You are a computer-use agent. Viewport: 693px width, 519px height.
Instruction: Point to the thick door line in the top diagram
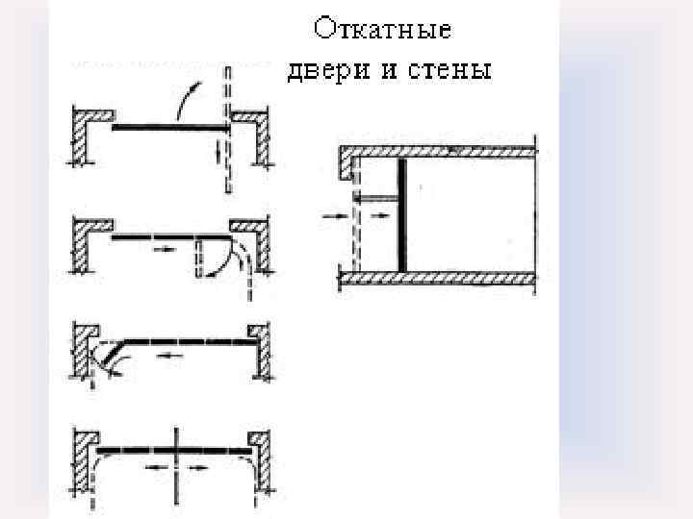pyautogui.click(x=168, y=127)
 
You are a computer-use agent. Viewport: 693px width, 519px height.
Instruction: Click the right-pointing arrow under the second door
pyautogui.click(x=163, y=248)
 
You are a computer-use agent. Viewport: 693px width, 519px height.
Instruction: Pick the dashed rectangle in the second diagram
pyautogui.click(x=203, y=258)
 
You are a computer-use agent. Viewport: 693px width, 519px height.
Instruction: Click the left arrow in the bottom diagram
pyautogui.click(x=155, y=467)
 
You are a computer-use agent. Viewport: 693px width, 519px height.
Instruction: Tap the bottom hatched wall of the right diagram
pyautogui.click(x=438, y=279)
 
